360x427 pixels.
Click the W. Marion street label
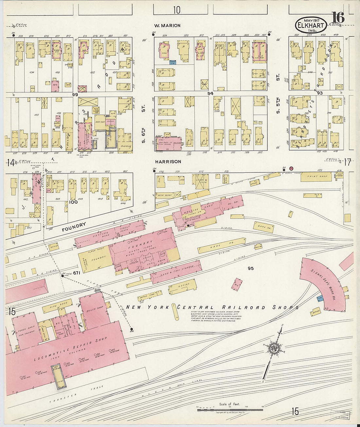tap(168, 26)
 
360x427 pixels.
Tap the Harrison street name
tap(168, 162)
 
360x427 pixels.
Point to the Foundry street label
tap(74, 227)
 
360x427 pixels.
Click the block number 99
tap(75, 94)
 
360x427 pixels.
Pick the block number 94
tap(210, 94)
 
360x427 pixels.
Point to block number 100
tap(73, 202)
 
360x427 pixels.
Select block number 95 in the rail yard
tap(251, 268)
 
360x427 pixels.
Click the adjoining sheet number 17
tap(347, 162)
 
